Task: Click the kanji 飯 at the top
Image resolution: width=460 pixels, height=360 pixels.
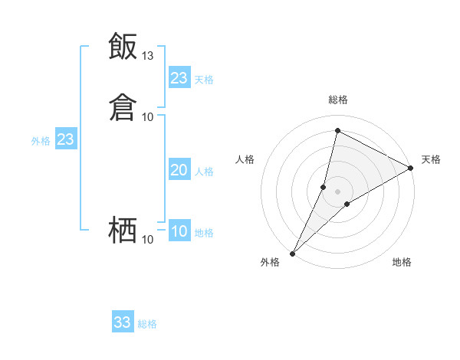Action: point(123,47)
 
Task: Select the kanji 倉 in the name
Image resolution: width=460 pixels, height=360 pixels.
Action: point(123,107)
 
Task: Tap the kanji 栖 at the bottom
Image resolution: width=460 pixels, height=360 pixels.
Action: point(123,229)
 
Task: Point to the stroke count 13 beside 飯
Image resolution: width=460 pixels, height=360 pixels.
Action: point(148,56)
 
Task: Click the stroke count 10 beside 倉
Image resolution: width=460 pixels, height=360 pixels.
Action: point(148,116)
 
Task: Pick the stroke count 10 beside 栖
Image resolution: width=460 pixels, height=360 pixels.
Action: point(148,240)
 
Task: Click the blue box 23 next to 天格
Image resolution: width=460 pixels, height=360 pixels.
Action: point(179,78)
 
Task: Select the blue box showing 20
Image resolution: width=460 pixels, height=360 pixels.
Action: point(179,171)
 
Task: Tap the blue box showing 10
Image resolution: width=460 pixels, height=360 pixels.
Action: point(179,232)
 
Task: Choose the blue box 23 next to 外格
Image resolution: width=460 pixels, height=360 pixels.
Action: point(66,140)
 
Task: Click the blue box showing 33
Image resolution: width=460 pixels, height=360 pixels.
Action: point(123,322)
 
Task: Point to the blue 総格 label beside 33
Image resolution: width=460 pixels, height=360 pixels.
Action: point(148,324)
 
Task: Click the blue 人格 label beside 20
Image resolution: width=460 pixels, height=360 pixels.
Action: point(205,172)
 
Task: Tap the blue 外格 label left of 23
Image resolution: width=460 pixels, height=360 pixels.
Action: point(41,141)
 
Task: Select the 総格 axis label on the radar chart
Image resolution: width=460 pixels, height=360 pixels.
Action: point(338,100)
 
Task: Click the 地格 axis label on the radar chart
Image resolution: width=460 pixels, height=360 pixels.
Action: point(402,262)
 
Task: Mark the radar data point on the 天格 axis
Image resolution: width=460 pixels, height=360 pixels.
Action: point(411,169)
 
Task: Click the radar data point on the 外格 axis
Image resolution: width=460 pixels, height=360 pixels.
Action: point(292,254)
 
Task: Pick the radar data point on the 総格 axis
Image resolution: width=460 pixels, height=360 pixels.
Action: point(337,130)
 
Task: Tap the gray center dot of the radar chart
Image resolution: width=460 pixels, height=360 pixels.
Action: point(338,191)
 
